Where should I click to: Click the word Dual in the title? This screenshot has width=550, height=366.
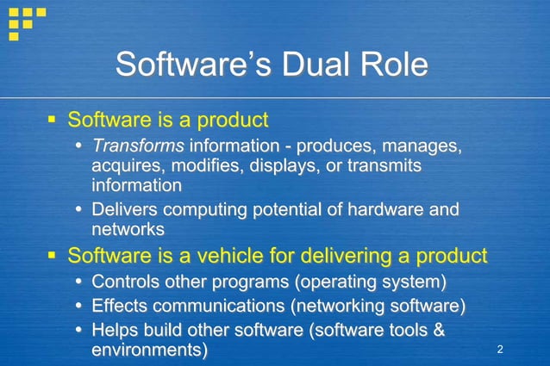click(314, 65)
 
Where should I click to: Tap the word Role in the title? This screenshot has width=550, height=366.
click(392, 65)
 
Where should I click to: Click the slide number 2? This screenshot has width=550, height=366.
click(500, 349)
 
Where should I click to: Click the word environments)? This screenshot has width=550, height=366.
click(149, 350)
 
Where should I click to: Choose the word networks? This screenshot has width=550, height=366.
click(128, 229)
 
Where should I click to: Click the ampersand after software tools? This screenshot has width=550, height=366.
click(437, 330)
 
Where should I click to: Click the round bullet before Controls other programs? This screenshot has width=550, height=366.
click(78, 282)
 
